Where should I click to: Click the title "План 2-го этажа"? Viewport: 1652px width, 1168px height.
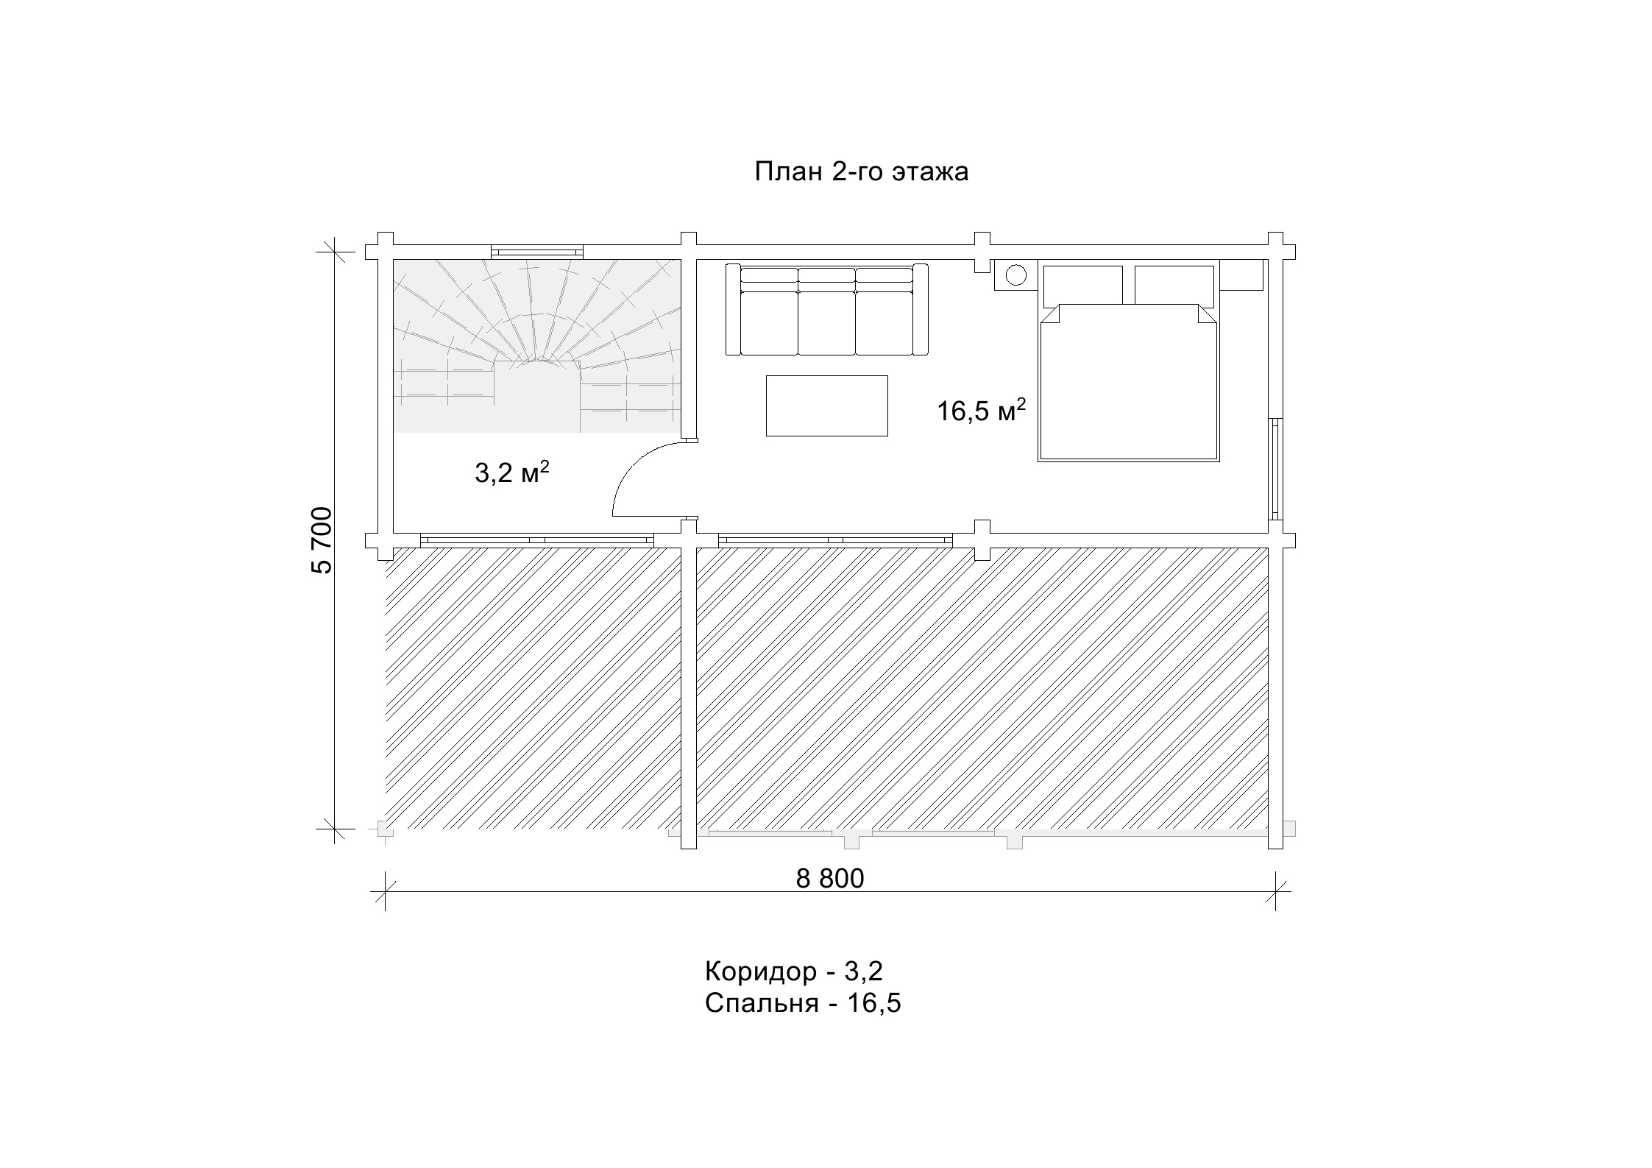[x=861, y=172]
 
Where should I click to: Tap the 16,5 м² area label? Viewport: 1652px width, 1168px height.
[x=981, y=411]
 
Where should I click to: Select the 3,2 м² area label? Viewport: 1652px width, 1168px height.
[x=512, y=472]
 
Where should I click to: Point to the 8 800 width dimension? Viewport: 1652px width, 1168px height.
[x=830, y=878]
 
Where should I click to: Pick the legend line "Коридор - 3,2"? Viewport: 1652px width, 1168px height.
[x=793, y=971]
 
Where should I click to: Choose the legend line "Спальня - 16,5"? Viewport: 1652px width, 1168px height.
[x=803, y=1004]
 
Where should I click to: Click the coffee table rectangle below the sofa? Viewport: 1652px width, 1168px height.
[x=826, y=406]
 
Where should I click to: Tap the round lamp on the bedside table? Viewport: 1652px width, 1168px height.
[x=1015, y=275]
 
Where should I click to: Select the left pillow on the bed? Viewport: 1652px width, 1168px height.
[x=1082, y=285]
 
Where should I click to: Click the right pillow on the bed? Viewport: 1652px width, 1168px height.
[x=1174, y=285]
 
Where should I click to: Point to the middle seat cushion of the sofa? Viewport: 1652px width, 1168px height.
[x=826, y=323]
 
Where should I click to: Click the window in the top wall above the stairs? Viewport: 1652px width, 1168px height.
[x=537, y=252]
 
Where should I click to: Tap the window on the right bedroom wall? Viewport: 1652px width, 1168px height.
[x=1275, y=470]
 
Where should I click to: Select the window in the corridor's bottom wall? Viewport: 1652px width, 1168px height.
[x=537, y=539]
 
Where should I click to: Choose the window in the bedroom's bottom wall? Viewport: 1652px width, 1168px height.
[x=835, y=539]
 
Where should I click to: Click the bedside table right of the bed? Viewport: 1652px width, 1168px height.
[x=1241, y=275]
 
